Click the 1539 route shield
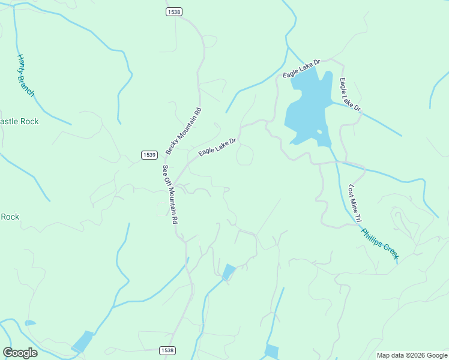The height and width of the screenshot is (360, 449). click(150, 155)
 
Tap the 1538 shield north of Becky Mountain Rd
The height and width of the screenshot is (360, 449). click(173, 11)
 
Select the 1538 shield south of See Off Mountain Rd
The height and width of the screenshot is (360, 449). click(167, 350)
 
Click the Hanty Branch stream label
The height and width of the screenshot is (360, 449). click(25, 75)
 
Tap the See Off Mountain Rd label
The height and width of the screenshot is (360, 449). click(170, 194)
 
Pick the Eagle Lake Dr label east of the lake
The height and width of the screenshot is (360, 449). click(350, 95)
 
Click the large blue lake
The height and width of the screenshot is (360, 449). click(306, 108)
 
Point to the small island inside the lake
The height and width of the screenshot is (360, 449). click(319, 131)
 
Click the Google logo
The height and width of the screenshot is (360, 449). click(20, 352)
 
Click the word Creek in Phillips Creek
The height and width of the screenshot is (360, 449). click(387, 251)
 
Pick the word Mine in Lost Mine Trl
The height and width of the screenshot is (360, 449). click(355, 203)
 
